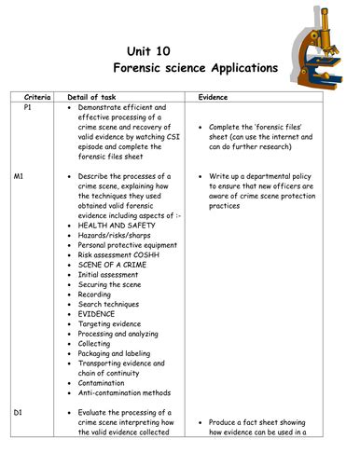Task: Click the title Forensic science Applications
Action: click(195, 68)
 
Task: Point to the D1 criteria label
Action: click(21, 411)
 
